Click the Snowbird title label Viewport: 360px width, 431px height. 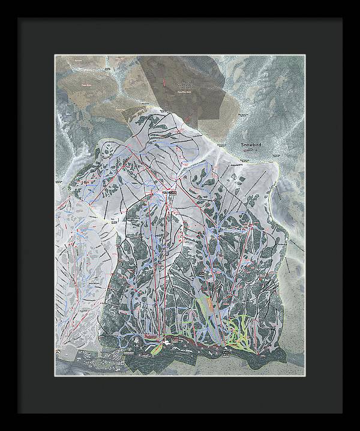pyautogui.click(x=251, y=145)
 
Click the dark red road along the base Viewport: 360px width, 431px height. pyautogui.click(x=192, y=344)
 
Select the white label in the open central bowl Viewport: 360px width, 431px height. pyautogui.click(x=114, y=219)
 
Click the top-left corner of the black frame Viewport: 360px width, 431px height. pyautogui.click(x=18, y=19)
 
